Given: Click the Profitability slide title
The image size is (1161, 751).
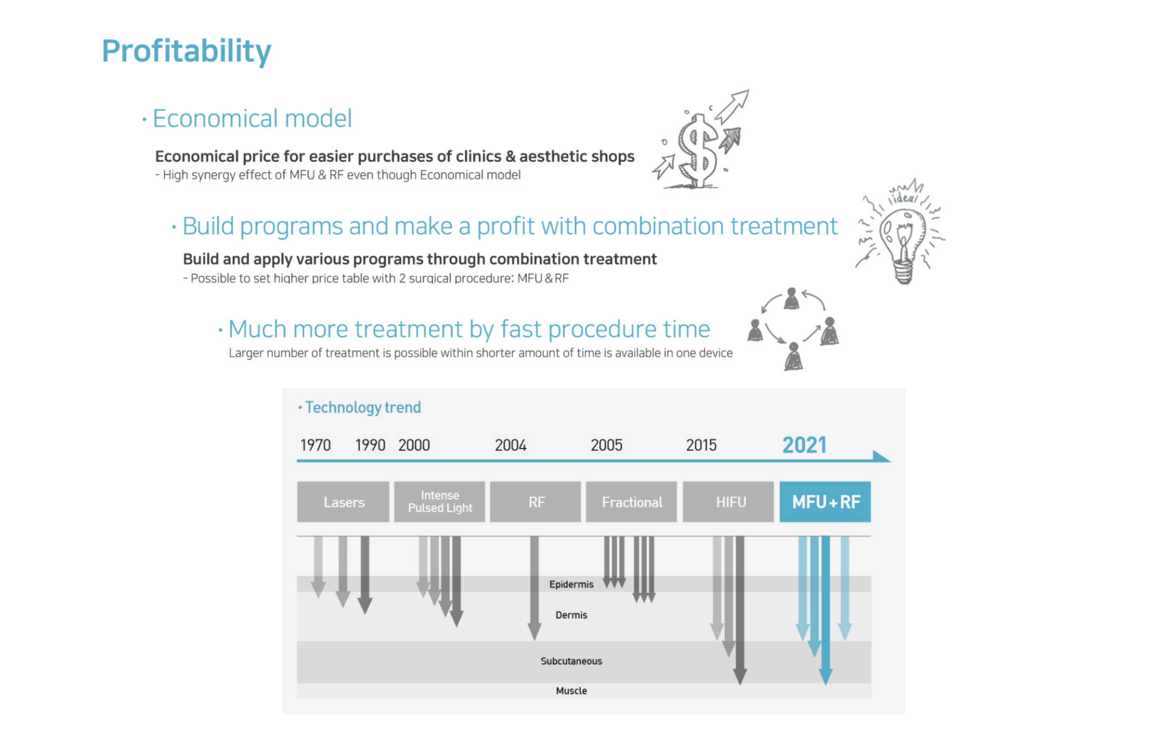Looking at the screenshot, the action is tap(187, 51).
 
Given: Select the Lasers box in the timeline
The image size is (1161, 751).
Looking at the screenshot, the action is tap(343, 502).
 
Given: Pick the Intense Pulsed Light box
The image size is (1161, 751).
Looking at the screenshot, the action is tap(440, 502).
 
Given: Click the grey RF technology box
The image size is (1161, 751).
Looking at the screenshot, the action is tap(535, 502).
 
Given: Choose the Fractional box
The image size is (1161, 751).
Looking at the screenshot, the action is tap(631, 502).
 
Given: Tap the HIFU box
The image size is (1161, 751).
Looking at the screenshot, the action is tap(728, 502).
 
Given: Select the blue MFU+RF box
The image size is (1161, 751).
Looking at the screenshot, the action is tap(825, 502).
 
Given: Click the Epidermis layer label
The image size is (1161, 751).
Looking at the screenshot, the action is tap(571, 584).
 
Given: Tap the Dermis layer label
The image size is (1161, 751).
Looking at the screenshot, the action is tap(571, 614).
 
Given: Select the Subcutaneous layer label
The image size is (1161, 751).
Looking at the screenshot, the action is tap(571, 661).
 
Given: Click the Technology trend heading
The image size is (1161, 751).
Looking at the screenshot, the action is tap(360, 408).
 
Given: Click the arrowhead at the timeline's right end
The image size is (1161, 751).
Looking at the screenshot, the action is tap(882, 456).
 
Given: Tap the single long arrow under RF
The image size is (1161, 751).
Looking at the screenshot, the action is tap(535, 588).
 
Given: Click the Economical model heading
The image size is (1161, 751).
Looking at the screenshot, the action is tap(247, 118).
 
